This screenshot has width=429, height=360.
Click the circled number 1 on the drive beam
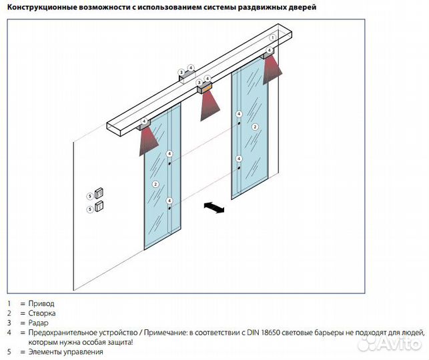point(273,38)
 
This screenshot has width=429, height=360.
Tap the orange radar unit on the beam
point(204,87)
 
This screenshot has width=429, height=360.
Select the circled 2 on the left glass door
point(155,184)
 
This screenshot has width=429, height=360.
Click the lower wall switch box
point(99,206)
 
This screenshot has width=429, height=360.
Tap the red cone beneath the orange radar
point(209,105)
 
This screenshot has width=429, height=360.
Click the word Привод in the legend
point(41,303)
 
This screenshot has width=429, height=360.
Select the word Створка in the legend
point(43,313)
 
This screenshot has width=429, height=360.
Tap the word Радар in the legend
point(39,323)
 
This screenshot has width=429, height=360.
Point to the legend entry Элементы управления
point(65,351)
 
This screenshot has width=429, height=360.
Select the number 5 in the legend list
point(9,351)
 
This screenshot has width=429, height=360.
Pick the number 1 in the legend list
point(9,303)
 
